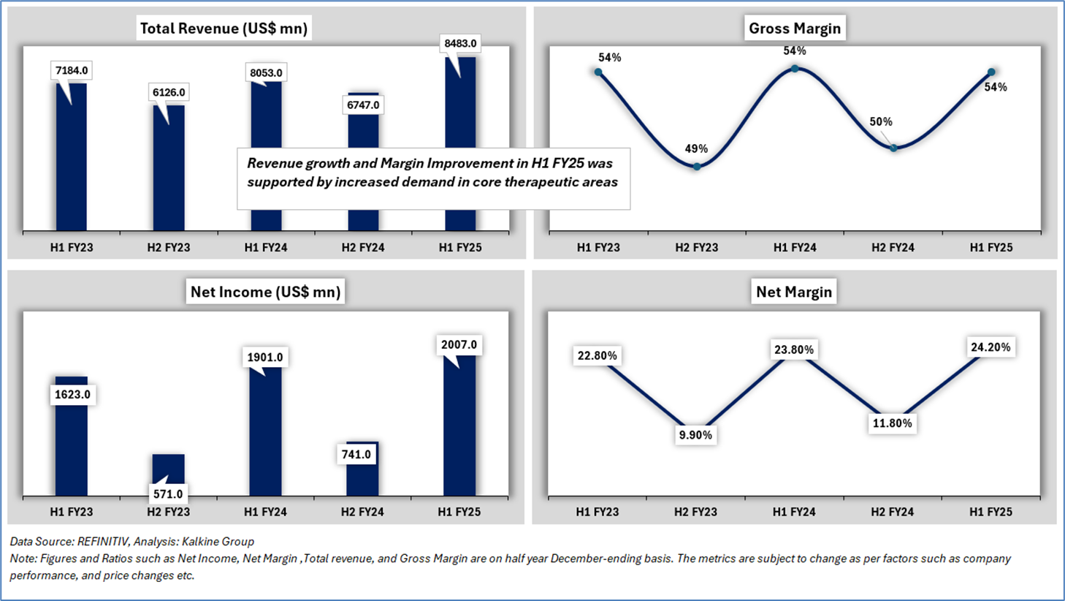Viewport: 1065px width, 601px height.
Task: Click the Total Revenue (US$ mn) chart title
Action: pyautogui.click(x=224, y=29)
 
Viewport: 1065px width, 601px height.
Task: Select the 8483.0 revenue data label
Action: pyautogui.click(x=460, y=44)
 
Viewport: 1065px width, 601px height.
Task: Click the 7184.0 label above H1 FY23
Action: pyautogui.click(x=72, y=71)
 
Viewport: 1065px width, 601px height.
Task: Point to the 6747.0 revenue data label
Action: pyautogui.click(x=363, y=105)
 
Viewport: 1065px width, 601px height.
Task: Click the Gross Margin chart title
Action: pyautogui.click(x=794, y=29)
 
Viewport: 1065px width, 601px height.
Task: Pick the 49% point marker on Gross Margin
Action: pyautogui.click(x=697, y=167)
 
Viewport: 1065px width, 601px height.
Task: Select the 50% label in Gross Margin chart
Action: pyautogui.click(x=881, y=122)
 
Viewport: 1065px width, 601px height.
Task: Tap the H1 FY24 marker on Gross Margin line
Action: pyautogui.click(x=795, y=69)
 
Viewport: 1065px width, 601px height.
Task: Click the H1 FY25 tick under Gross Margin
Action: pyautogui.click(x=990, y=247)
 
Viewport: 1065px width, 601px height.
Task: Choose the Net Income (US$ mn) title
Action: pyautogui.click(x=265, y=292)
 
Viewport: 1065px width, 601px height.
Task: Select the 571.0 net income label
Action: pyautogui.click(x=168, y=494)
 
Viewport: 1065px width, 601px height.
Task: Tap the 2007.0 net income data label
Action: pyautogui.click(x=459, y=344)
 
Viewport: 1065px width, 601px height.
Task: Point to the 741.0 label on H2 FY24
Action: pyautogui.click(x=356, y=454)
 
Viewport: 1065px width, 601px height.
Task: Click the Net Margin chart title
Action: pyautogui.click(x=793, y=292)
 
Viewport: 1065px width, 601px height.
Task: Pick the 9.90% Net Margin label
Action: pyautogui.click(x=695, y=435)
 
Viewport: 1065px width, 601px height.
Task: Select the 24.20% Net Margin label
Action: pyautogui.click(x=990, y=347)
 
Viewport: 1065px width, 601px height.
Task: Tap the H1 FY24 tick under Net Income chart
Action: pyautogui.click(x=265, y=512)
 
